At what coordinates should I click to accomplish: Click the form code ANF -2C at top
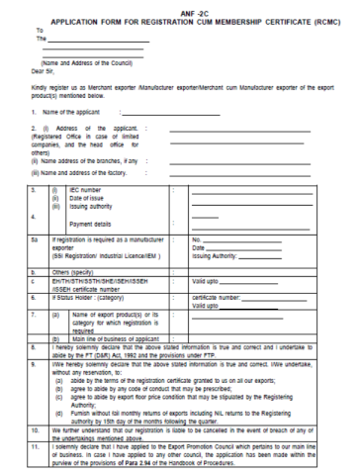click(179, 8)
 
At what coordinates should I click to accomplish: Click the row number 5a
click(33, 238)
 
